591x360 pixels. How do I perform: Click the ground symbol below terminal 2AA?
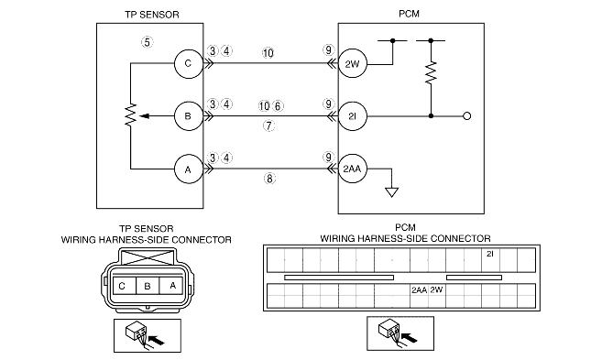point(391,192)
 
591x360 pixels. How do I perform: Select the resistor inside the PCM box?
point(431,73)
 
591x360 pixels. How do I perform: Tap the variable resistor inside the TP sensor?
point(131,115)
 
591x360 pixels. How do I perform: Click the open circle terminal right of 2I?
point(466,116)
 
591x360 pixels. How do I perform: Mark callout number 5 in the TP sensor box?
point(147,42)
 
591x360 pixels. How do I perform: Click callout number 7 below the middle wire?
point(268,125)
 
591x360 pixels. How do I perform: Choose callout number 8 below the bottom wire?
point(269,179)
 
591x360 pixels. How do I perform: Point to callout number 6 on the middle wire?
point(278,106)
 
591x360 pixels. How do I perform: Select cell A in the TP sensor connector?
point(171,286)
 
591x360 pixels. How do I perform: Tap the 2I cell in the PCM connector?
point(490,260)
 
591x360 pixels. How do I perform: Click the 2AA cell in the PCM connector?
point(419,296)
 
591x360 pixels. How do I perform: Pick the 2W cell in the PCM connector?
point(437,296)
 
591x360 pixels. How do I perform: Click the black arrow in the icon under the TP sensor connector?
point(158,341)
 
